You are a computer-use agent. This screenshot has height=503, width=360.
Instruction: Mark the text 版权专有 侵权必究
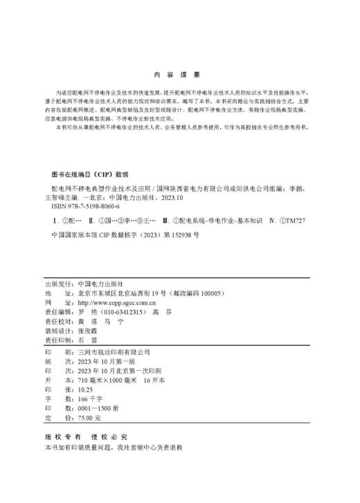pos(86,437)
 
